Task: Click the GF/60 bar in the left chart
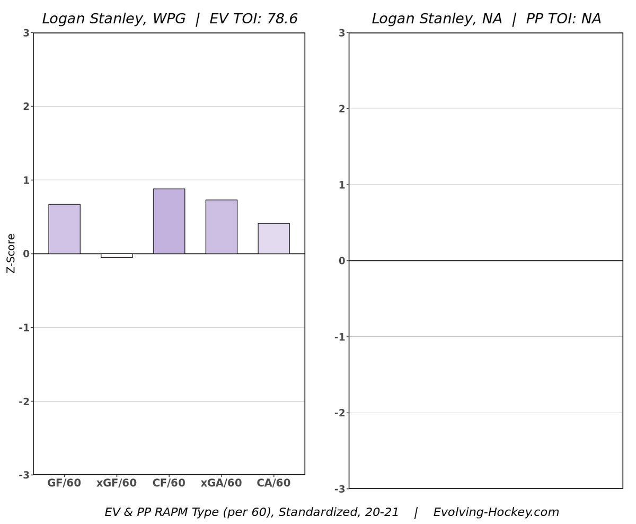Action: pos(64,229)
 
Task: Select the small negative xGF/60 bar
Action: pos(117,256)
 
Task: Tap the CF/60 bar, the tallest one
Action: pos(169,221)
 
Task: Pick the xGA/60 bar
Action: pos(221,226)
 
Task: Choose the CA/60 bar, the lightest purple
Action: pos(273,238)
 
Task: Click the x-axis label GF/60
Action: pos(64,483)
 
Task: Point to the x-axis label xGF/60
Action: pos(117,483)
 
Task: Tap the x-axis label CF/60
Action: pos(169,483)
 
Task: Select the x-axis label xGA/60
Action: pos(221,483)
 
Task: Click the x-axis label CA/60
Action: pos(273,483)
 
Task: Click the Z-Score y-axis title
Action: pos(11,254)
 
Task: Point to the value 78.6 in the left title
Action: pos(282,20)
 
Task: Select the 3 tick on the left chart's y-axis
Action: pos(26,33)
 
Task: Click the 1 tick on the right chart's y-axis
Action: pos(341,185)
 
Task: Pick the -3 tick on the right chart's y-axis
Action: pos(339,488)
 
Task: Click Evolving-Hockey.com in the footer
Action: pos(496,512)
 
